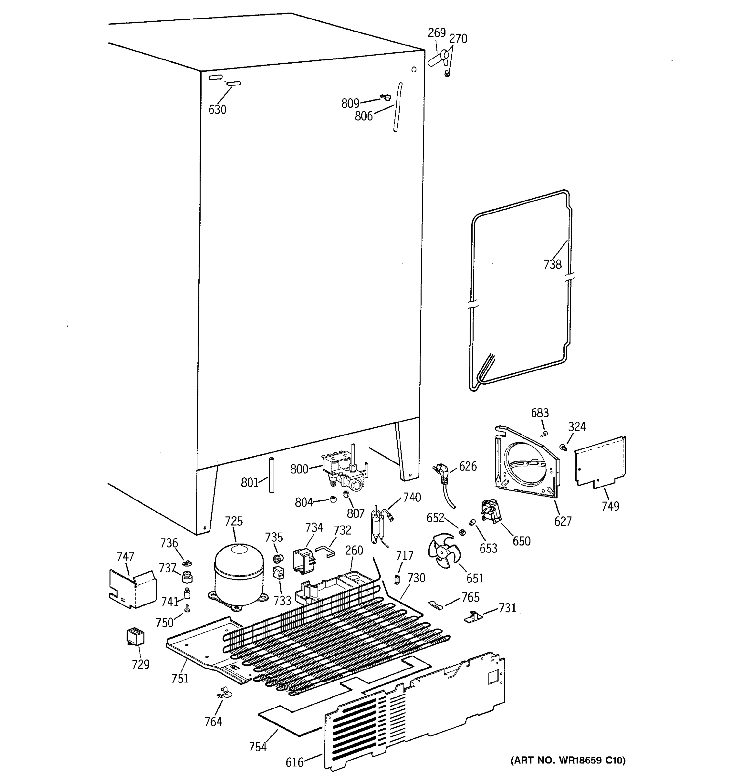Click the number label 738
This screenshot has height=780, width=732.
pyautogui.click(x=552, y=265)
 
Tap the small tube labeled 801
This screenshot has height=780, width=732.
pyautogui.click(x=271, y=475)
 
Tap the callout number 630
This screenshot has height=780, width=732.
pyautogui.click(x=217, y=110)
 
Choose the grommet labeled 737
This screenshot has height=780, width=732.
pyautogui.click(x=188, y=577)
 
